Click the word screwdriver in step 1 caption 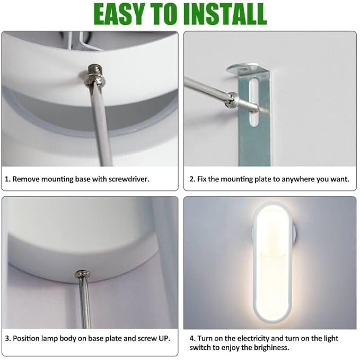pos(126,179)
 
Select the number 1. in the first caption pos(7,179)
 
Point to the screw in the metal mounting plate pos(232,98)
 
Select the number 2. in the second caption pos(192,179)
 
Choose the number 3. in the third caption pos(7,338)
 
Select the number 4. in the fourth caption pos(192,338)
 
